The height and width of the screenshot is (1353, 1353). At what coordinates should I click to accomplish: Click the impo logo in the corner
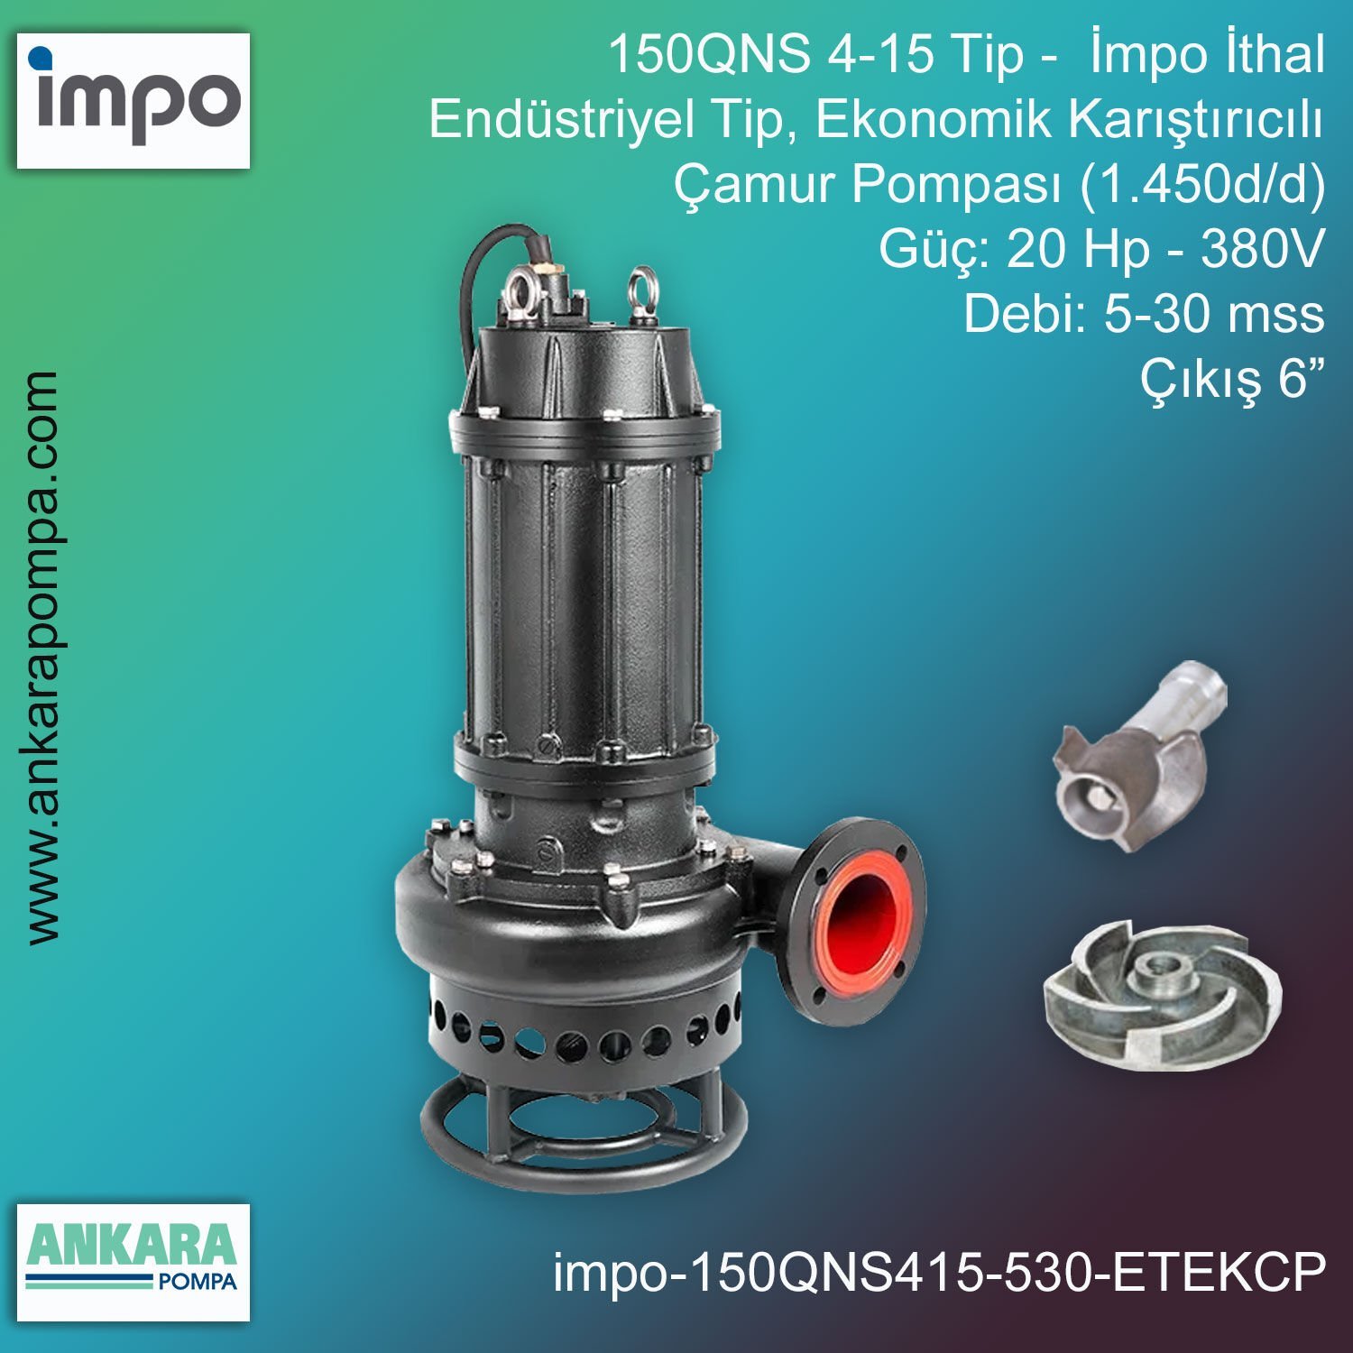click(133, 100)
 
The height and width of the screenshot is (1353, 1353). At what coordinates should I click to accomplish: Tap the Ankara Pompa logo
click(133, 1261)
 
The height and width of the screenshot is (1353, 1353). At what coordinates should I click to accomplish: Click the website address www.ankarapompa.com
click(42, 658)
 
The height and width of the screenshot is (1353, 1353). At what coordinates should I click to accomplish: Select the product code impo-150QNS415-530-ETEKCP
click(939, 1272)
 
